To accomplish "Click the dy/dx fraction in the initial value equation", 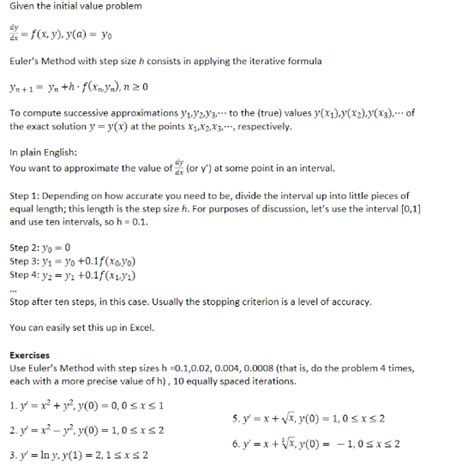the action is [x=14, y=29].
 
